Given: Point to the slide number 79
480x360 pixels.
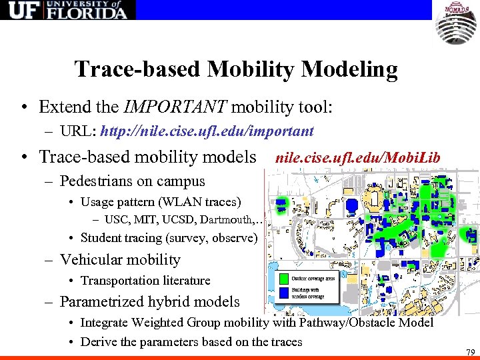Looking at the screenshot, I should point(471,351).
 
